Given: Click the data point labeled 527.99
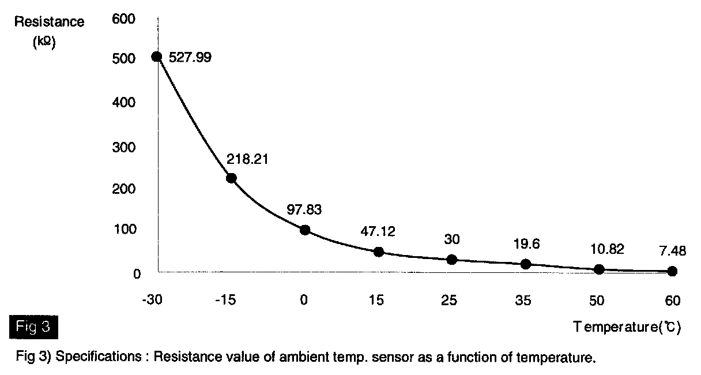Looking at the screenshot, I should (156, 57).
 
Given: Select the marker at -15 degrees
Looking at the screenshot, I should (231, 178).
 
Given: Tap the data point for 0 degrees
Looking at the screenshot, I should (304, 230).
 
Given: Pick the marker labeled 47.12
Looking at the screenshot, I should (378, 252).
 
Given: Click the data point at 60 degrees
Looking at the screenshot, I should (672, 271).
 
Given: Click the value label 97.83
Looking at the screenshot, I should (303, 210).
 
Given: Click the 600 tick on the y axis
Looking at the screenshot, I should (126, 19).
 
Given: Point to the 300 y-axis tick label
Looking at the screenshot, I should (126, 147).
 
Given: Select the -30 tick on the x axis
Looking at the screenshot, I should (155, 301).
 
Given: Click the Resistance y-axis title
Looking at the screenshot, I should (50, 22).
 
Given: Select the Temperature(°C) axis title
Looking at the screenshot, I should (627, 327).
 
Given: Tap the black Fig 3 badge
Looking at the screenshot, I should (33, 327).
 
